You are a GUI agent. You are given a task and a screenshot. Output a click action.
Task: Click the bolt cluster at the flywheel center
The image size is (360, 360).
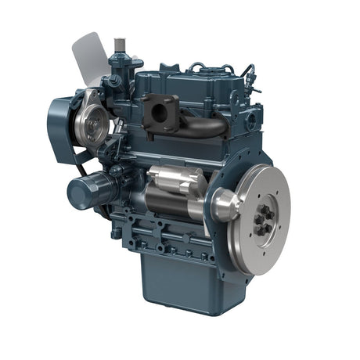coord(264,220)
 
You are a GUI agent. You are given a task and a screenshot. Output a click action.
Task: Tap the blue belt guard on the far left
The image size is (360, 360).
coord(60,125)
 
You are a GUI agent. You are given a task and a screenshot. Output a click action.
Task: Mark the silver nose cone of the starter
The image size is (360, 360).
coord(224,205)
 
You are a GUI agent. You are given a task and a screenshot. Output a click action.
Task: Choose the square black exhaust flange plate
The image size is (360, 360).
coord(160,112)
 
